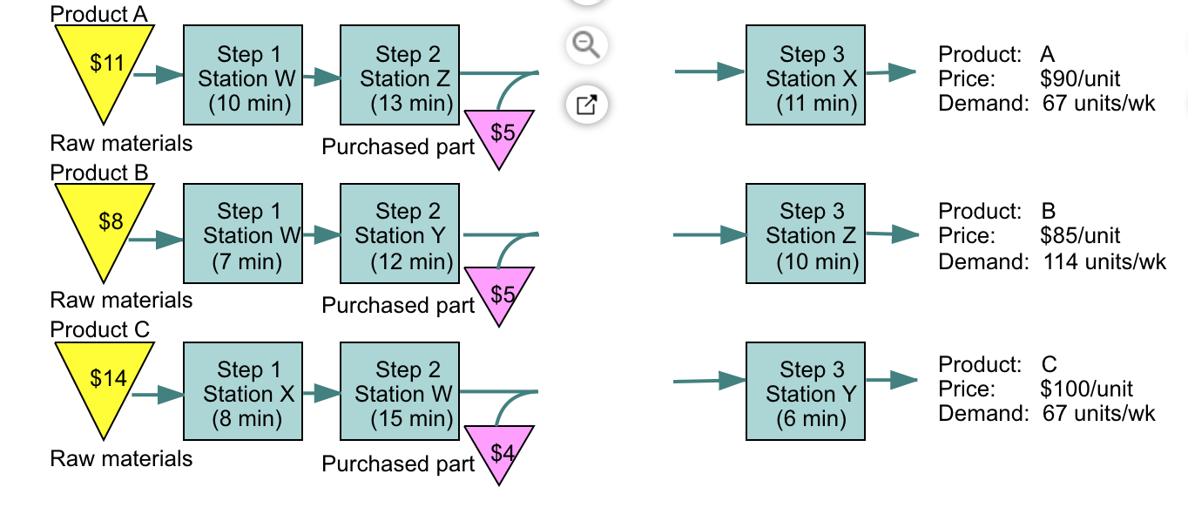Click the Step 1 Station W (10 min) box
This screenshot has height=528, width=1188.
coord(243,75)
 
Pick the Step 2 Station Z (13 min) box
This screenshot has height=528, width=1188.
coord(400,75)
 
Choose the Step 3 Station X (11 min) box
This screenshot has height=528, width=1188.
coord(806,75)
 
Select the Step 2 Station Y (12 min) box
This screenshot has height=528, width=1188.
coord(400,234)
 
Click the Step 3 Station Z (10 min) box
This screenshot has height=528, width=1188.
coord(806,234)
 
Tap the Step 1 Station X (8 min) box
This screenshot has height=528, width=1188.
coord(243,391)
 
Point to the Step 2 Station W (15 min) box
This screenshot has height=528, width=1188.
coord(400,391)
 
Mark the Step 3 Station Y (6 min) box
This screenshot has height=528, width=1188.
coord(806,391)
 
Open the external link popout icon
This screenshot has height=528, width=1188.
coord(586,105)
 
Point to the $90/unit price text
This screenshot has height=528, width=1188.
coord(1080,79)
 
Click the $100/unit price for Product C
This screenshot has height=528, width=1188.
coord(1086,389)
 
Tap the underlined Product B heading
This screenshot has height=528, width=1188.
coord(99,173)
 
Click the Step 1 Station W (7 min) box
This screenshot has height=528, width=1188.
coord(243,234)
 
